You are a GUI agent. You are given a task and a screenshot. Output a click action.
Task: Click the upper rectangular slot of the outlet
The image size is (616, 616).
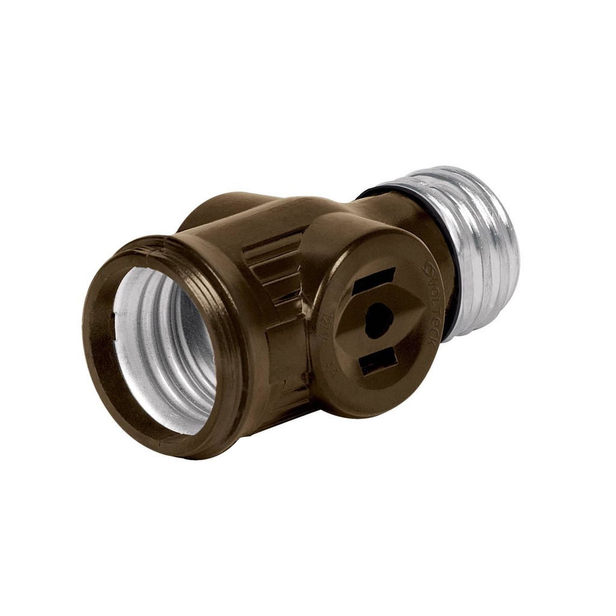coord(374,280)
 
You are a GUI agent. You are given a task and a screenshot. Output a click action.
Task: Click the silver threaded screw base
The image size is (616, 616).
coord(481,253)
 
